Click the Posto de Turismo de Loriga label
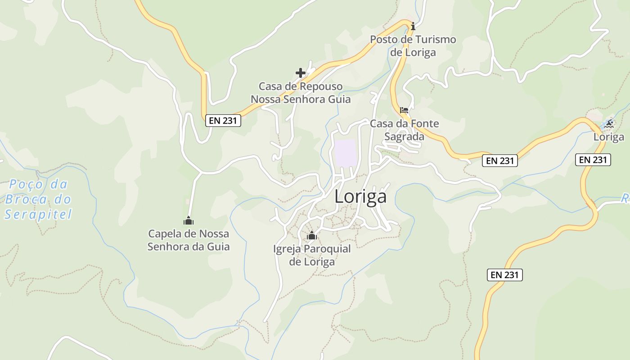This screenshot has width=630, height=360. pos(413,45)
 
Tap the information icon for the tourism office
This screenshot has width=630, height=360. pos(413,27)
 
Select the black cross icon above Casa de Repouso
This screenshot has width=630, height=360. pos(301,72)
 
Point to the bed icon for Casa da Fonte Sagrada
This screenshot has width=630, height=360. pos(404,110)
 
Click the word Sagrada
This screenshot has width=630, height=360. pos(404,136)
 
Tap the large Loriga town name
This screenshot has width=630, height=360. pos(360,197)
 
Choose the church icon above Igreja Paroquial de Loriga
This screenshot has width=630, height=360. pos(311,235)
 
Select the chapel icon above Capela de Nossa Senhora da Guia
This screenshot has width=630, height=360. pos(188,220)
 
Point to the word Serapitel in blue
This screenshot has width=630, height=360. pos(38,215)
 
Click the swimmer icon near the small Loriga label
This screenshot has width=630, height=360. pos(609,123)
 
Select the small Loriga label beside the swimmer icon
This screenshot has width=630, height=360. pos(609,137)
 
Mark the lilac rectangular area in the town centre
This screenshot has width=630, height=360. pos(346,152)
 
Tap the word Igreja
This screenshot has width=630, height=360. pos(287,248)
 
